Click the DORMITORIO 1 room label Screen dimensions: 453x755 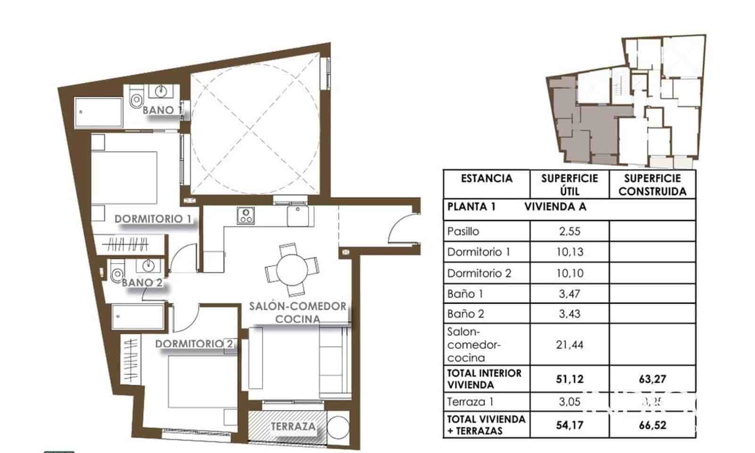point(153,219)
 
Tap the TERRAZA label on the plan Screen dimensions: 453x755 point(293,427)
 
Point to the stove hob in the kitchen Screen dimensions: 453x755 point(245,216)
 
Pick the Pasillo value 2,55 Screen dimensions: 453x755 point(569,231)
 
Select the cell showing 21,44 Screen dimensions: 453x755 point(569,345)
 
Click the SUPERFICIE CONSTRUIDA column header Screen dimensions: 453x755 point(652,185)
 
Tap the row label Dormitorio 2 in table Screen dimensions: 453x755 point(479,273)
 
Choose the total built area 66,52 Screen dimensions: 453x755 point(652,425)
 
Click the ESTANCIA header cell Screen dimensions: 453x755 point(486,179)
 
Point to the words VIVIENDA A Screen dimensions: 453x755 point(555,206)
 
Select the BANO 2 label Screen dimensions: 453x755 point(142,283)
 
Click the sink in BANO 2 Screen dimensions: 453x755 point(148,265)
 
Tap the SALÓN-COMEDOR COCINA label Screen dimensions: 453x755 point(298,313)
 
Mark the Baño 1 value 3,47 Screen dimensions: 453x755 point(569,294)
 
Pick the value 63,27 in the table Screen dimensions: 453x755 point(652,379)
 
